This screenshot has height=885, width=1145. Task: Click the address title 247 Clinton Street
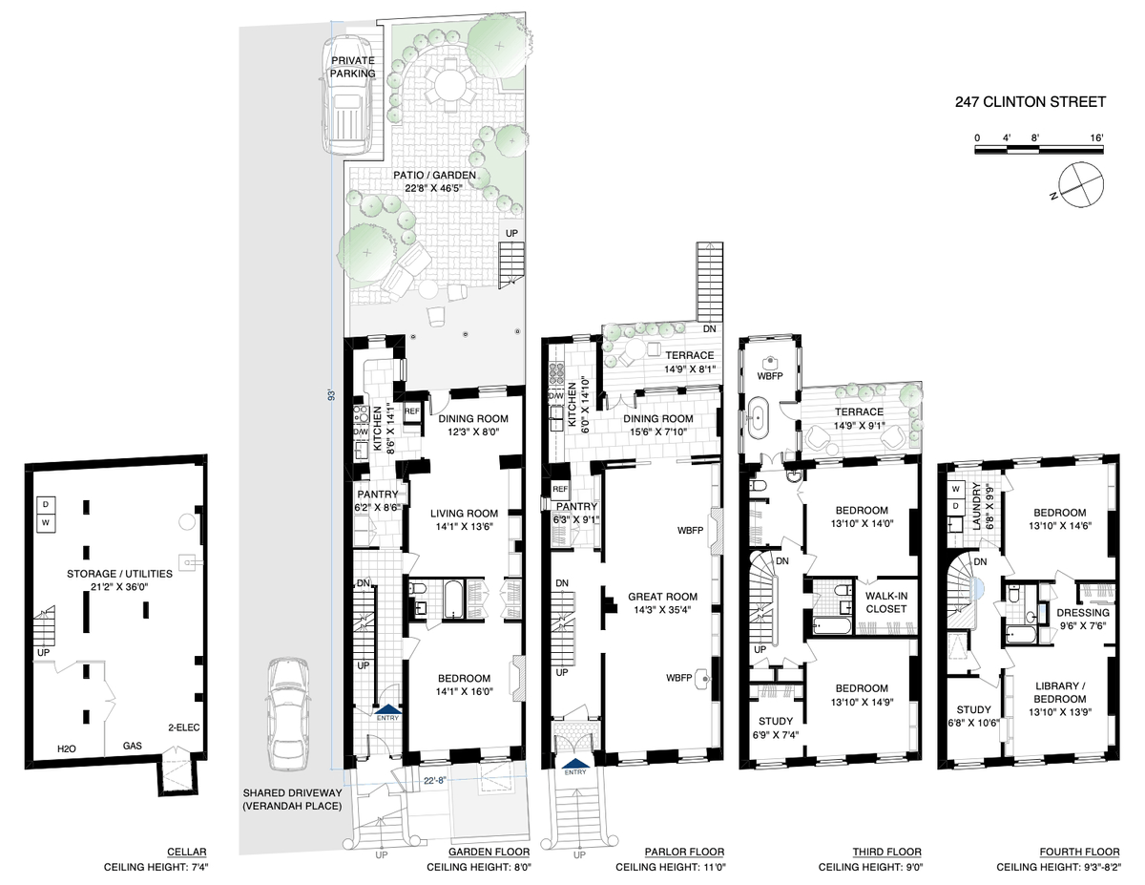[1030, 102]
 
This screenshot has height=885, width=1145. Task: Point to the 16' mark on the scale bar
[1096, 138]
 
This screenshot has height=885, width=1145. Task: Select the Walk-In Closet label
[886, 602]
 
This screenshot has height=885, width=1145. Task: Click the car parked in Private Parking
[349, 95]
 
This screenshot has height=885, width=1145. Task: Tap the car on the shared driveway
[288, 714]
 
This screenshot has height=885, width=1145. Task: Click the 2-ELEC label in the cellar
[184, 727]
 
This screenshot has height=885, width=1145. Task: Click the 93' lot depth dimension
[331, 395]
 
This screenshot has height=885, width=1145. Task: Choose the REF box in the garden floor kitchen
[412, 411]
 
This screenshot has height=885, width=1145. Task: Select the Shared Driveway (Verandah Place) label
[292, 799]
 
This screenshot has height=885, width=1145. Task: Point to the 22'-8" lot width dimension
[435, 780]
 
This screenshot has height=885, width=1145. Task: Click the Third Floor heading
[887, 852]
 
